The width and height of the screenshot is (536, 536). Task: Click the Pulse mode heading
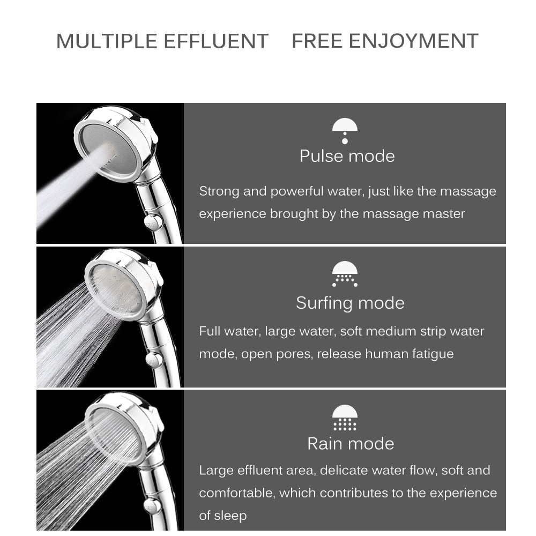(347, 156)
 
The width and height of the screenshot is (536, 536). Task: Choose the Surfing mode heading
(350, 303)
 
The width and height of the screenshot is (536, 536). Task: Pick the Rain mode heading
(351, 443)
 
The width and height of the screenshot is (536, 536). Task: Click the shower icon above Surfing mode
(345, 274)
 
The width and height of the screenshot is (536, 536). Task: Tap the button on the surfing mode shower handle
(155, 359)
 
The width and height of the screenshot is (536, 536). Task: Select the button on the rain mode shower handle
(153, 504)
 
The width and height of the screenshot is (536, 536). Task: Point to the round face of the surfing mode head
(117, 289)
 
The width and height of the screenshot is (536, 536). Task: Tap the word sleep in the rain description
(231, 516)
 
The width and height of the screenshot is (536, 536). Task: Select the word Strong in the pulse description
(219, 191)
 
